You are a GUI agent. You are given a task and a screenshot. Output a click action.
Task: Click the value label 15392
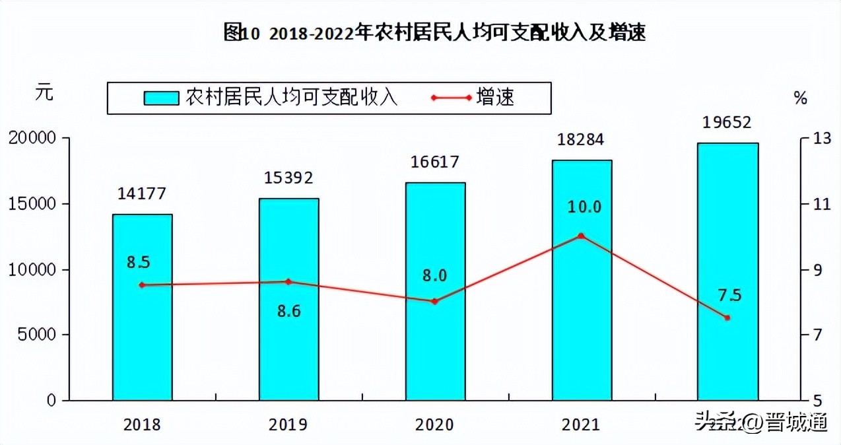tap(288, 178)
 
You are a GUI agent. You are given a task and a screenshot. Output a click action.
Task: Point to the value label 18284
tap(582, 140)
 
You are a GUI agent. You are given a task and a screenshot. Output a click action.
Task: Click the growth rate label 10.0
tap(584, 207)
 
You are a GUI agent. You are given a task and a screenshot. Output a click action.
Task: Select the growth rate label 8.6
tap(288, 311)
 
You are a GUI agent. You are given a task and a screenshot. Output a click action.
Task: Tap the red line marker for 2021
tap(581, 236)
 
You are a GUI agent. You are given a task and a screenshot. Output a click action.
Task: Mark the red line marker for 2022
tap(727, 318)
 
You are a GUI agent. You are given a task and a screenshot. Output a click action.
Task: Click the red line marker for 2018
tap(142, 285)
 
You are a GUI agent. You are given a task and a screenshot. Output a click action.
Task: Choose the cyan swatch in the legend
tap(162, 98)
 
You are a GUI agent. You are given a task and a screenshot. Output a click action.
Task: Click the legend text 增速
tap(494, 98)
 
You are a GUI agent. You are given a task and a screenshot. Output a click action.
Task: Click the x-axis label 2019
tap(288, 425)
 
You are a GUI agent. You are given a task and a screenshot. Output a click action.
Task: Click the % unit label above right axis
tap(800, 99)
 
